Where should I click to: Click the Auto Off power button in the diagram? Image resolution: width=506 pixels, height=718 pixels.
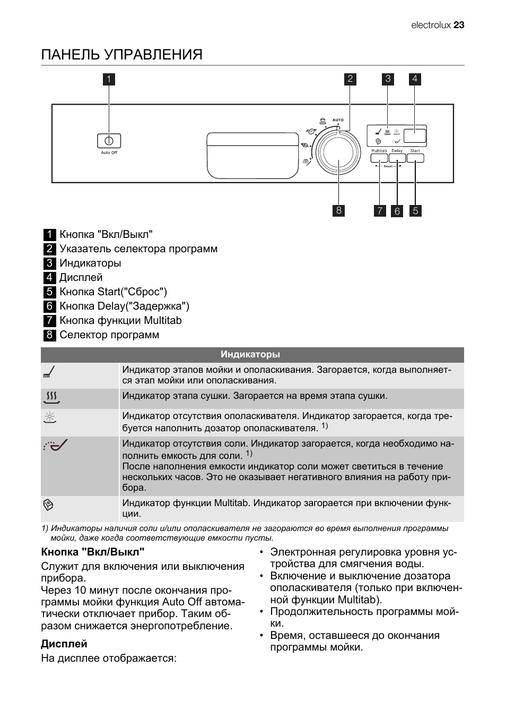(109, 141)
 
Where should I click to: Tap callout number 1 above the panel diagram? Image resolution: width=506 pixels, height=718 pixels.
(109, 80)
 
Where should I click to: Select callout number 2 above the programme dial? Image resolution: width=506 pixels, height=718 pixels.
(350, 80)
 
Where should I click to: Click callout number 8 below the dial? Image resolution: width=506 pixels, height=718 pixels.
(338, 210)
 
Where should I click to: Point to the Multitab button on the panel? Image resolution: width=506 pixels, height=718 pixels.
(379, 158)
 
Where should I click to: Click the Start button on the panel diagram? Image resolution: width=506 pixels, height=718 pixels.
(415, 158)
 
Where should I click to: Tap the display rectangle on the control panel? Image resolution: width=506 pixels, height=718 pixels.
(415, 135)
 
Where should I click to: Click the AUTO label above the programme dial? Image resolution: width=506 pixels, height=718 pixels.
(338, 120)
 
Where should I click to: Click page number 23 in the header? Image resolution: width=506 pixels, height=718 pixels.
(459, 25)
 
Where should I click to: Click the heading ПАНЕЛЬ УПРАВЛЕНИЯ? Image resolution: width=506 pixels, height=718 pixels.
(122, 55)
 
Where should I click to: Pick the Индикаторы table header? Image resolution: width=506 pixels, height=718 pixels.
(250, 355)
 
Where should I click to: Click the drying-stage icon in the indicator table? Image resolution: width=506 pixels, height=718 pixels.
(51, 397)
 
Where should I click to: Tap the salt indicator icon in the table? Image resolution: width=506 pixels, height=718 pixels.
(55, 445)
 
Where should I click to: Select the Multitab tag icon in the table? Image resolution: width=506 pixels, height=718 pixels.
(48, 505)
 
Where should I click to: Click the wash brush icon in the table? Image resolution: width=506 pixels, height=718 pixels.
(49, 372)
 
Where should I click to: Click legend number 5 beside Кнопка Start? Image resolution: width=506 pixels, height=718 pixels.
(49, 292)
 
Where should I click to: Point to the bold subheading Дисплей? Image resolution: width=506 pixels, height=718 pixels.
(64, 644)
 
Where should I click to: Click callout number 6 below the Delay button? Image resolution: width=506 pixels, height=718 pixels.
(397, 211)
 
